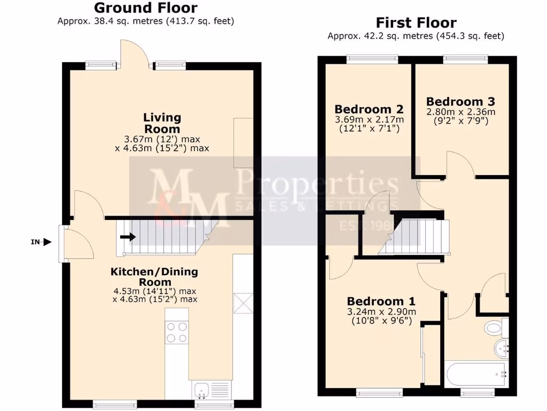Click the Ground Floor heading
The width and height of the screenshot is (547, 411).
click(x=145, y=8)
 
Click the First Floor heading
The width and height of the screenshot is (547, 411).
click(x=416, y=23)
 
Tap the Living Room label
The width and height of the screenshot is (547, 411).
click(x=162, y=123)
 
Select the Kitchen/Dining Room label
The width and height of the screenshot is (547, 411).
click(x=154, y=277)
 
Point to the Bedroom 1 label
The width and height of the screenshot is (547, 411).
click(x=381, y=301)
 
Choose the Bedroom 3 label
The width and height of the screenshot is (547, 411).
click(x=460, y=102)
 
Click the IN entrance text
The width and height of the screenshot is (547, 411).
click(x=35, y=242)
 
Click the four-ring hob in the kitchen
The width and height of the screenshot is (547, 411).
click(x=177, y=332)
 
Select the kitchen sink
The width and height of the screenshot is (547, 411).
click(x=203, y=390)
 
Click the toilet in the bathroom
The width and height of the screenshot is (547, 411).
click(x=494, y=326)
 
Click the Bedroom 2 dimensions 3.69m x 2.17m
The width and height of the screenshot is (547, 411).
click(x=369, y=119)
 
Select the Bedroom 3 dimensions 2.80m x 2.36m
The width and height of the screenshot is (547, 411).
click(x=460, y=112)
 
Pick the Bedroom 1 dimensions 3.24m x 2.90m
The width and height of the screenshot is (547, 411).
click(x=381, y=312)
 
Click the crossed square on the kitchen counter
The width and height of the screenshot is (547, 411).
click(x=243, y=303)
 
